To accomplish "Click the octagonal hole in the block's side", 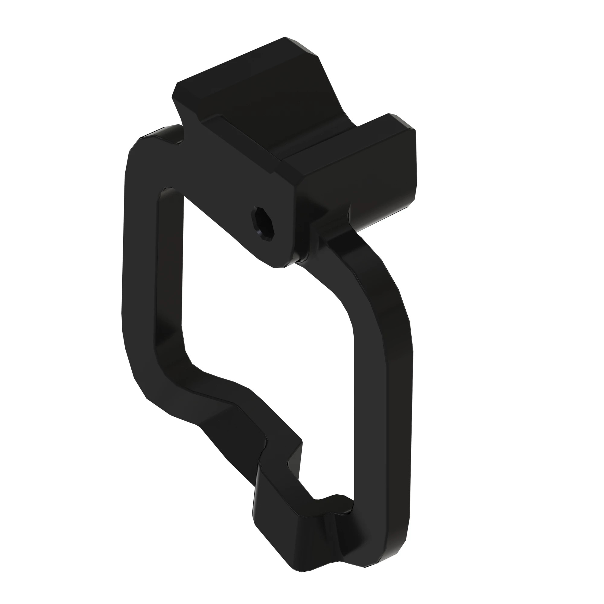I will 263,223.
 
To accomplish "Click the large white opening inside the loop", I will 266,328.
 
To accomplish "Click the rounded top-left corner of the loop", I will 141,147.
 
